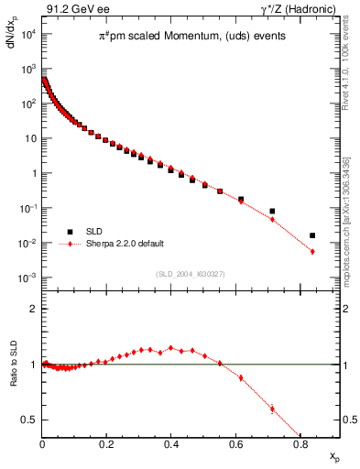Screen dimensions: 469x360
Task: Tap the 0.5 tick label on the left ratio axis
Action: pyautogui.click(x=28, y=420)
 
